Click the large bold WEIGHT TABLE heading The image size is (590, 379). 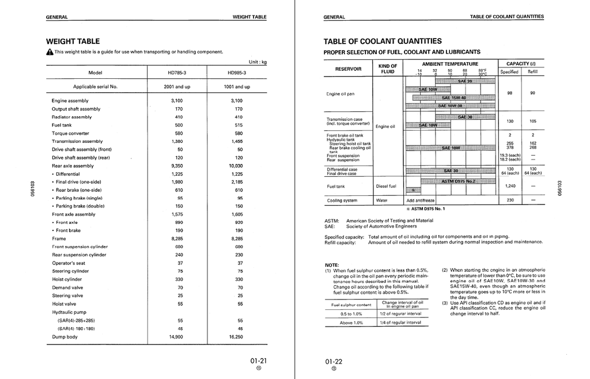point(73,41)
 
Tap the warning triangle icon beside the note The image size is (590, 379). point(50,52)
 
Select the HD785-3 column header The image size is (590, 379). point(176,73)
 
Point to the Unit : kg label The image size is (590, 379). point(257,62)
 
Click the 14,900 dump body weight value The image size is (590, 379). point(176,337)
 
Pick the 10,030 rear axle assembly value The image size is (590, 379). point(236,166)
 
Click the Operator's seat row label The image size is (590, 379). point(68,263)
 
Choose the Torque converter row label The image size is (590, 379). point(71,133)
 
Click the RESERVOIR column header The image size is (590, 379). point(349,69)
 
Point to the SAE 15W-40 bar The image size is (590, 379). point(453,98)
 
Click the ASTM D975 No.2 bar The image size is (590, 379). point(458,181)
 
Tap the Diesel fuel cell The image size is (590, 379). point(386,186)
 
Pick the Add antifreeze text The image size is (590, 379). point(421,200)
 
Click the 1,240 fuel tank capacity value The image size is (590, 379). point(510,186)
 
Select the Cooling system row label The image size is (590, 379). point(342,200)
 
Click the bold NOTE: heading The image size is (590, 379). point(332,265)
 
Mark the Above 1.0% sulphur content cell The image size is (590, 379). point(351,323)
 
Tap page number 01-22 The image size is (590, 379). point(334,361)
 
